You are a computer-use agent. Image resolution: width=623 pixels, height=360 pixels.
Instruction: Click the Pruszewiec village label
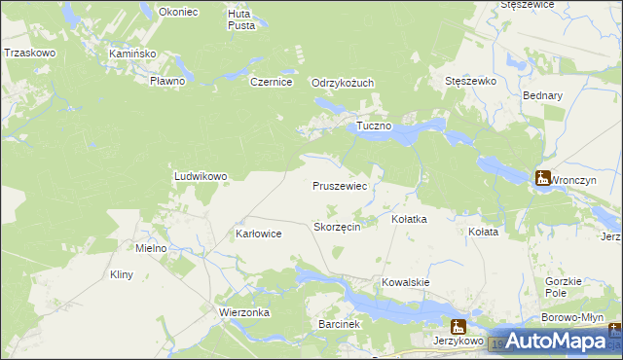point(339,185)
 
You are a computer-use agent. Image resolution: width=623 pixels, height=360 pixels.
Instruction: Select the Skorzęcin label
point(338,226)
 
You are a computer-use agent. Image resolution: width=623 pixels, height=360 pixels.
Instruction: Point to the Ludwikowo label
point(200,176)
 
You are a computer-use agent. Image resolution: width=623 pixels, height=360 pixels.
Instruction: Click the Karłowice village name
point(259,234)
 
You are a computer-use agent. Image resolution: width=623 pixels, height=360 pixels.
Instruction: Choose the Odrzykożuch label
point(343,83)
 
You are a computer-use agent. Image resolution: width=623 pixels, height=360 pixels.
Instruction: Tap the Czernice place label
point(272,83)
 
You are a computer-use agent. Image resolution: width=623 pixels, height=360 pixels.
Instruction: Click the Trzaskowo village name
point(28,53)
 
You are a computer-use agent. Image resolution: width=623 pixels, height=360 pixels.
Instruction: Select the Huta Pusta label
point(240,19)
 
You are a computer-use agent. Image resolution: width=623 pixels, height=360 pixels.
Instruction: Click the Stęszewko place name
point(470,82)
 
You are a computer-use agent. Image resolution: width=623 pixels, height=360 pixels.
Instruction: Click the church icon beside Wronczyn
point(542,178)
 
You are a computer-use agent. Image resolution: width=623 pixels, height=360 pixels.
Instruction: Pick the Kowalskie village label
point(406,281)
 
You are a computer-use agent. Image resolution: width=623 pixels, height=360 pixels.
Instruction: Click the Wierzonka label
point(243,313)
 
